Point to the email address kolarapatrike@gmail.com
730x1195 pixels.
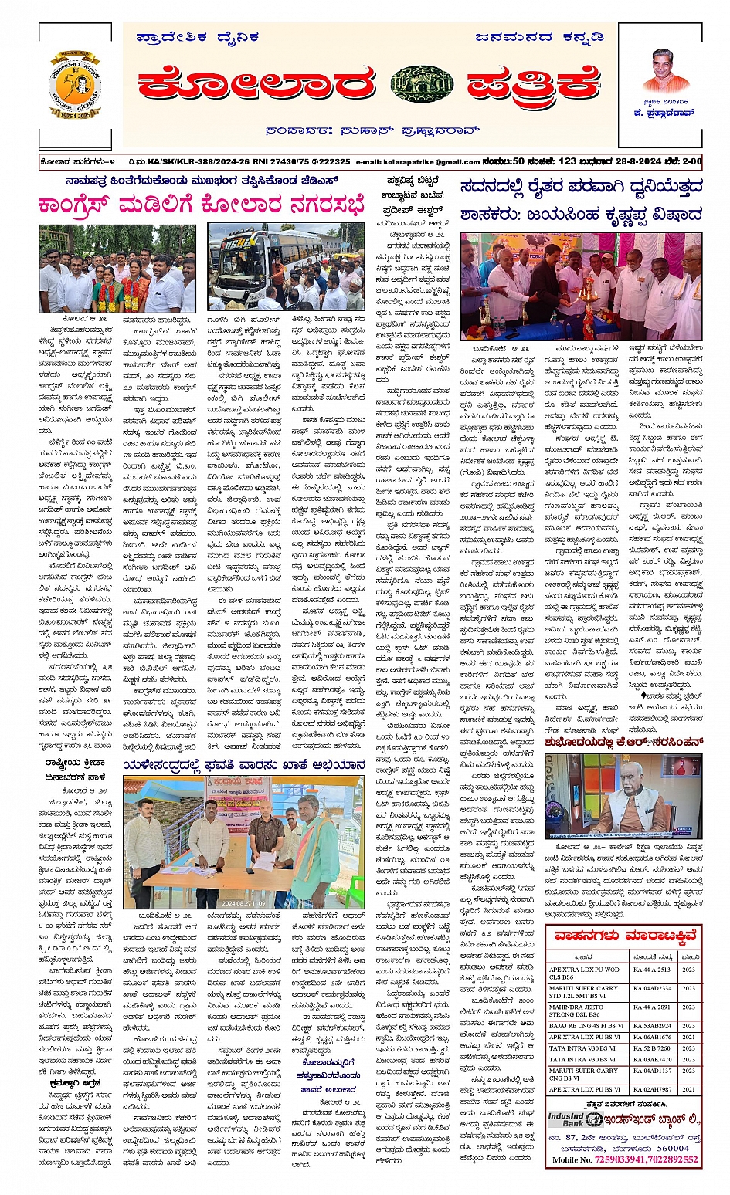tap(418, 162)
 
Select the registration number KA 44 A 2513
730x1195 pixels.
tap(652, 970)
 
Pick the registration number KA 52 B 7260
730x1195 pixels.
tap(652, 1048)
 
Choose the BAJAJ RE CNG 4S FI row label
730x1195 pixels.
tap(586, 1026)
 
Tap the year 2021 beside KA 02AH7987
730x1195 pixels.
tap(688, 1089)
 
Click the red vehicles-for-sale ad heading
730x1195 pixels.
tap(624, 936)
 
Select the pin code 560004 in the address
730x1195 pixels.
tap(673, 1148)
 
